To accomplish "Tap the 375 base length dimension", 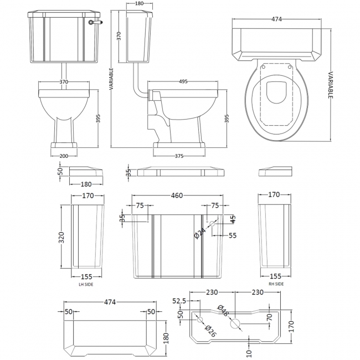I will click(179, 156).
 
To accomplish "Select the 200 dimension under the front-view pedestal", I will click(64, 156).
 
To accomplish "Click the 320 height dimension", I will click(63, 236).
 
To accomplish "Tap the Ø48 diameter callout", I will click(222, 310).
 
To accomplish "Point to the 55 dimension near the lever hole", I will click(233, 235).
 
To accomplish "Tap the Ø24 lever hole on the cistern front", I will click(212, 224).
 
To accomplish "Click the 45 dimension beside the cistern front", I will click(233, 218).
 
